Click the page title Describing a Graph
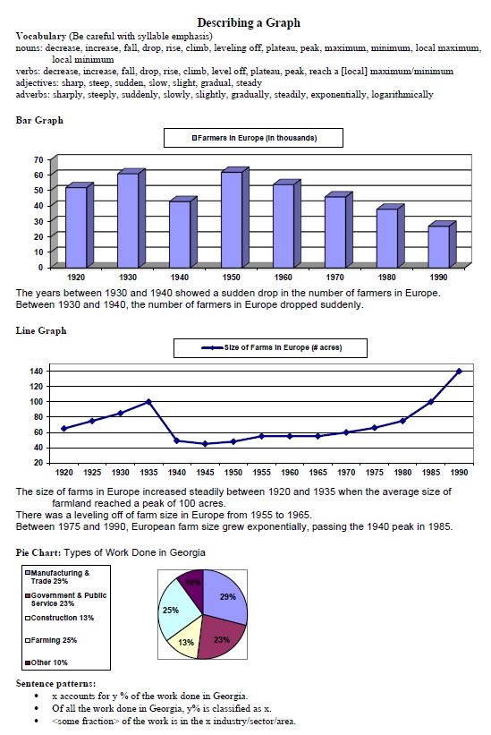point(249,22)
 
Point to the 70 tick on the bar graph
point(38,160)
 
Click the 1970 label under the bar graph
point(334,277)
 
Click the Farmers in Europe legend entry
point(254,138)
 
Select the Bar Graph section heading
point(39,120)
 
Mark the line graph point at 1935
point(148,402)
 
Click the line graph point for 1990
point(459,371)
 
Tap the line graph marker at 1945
point(205,443)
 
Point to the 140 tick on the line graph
point(37,371)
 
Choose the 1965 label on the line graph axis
point(317,473)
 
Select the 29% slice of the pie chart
point(224,595)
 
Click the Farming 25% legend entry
point(51,640)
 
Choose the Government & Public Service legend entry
point(66,599)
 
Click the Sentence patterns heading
point(55,683)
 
